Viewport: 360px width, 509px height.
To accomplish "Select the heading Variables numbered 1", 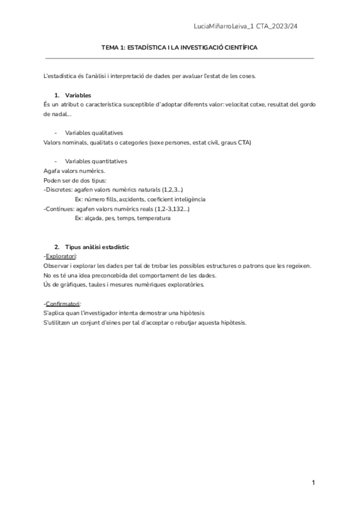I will pyautogui.click(x=78, y=95).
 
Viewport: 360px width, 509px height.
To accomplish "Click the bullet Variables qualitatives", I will pyautogui.click(x=94, y=133).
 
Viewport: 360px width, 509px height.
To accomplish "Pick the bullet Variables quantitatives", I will pyautogui.click(x=95, y=161).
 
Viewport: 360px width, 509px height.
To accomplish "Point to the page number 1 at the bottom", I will pyautogui.click(x=313, y=483).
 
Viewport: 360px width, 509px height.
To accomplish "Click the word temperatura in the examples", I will pyautogui.click(x=154, y=218).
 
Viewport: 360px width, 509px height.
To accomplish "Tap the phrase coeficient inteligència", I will pyautogui.click(x=176, y=199).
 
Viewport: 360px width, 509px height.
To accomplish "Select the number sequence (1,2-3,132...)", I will pyautogui.click(x=168, y=209).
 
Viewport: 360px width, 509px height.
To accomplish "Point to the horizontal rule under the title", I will pyautogui.click(x=180, y=58).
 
